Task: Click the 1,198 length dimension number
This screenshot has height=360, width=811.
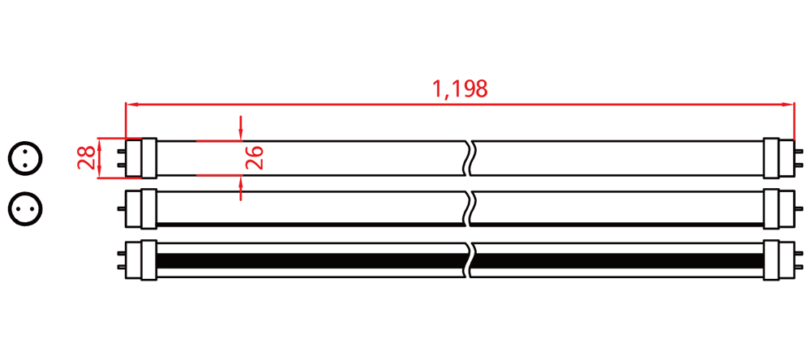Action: click(460, 89)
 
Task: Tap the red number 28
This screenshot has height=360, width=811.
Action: click(87, 158)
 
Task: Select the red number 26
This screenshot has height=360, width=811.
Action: click(254, 158)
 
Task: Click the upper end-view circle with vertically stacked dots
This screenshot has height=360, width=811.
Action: click(25, 159)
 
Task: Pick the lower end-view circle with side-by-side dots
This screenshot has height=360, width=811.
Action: click(25, 209)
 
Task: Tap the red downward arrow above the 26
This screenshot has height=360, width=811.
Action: click(241, 128)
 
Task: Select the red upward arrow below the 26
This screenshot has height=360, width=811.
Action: click(241, 188)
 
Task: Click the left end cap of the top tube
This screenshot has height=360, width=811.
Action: click(141, 158)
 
